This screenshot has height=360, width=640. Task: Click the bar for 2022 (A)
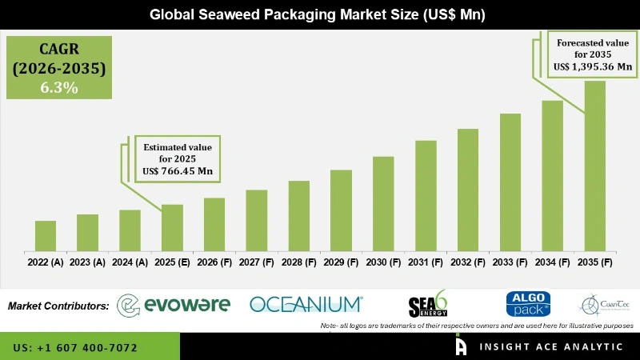[x=46, y=236]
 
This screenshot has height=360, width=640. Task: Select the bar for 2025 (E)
[x=172, y=228]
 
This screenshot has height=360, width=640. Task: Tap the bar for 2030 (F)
[x=383, y=204]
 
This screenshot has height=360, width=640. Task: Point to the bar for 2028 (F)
[x=298, y=216]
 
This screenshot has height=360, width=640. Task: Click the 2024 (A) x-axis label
[x=130, y=262]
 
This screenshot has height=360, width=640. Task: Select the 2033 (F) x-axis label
[x=510, y=262]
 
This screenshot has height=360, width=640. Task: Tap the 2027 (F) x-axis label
[x=257, y=262]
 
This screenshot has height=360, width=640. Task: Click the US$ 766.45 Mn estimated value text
[x=177, y=171]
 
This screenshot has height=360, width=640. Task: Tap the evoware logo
[x=174, y=305]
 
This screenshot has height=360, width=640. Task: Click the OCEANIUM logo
[x=306, y=304]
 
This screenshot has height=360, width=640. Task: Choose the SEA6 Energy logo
[x=428, y=304]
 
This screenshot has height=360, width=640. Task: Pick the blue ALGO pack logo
[x=528, y=303]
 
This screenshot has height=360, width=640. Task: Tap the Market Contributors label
[x=58, y=306]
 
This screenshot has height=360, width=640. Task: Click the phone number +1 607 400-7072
[x=75, y=348]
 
